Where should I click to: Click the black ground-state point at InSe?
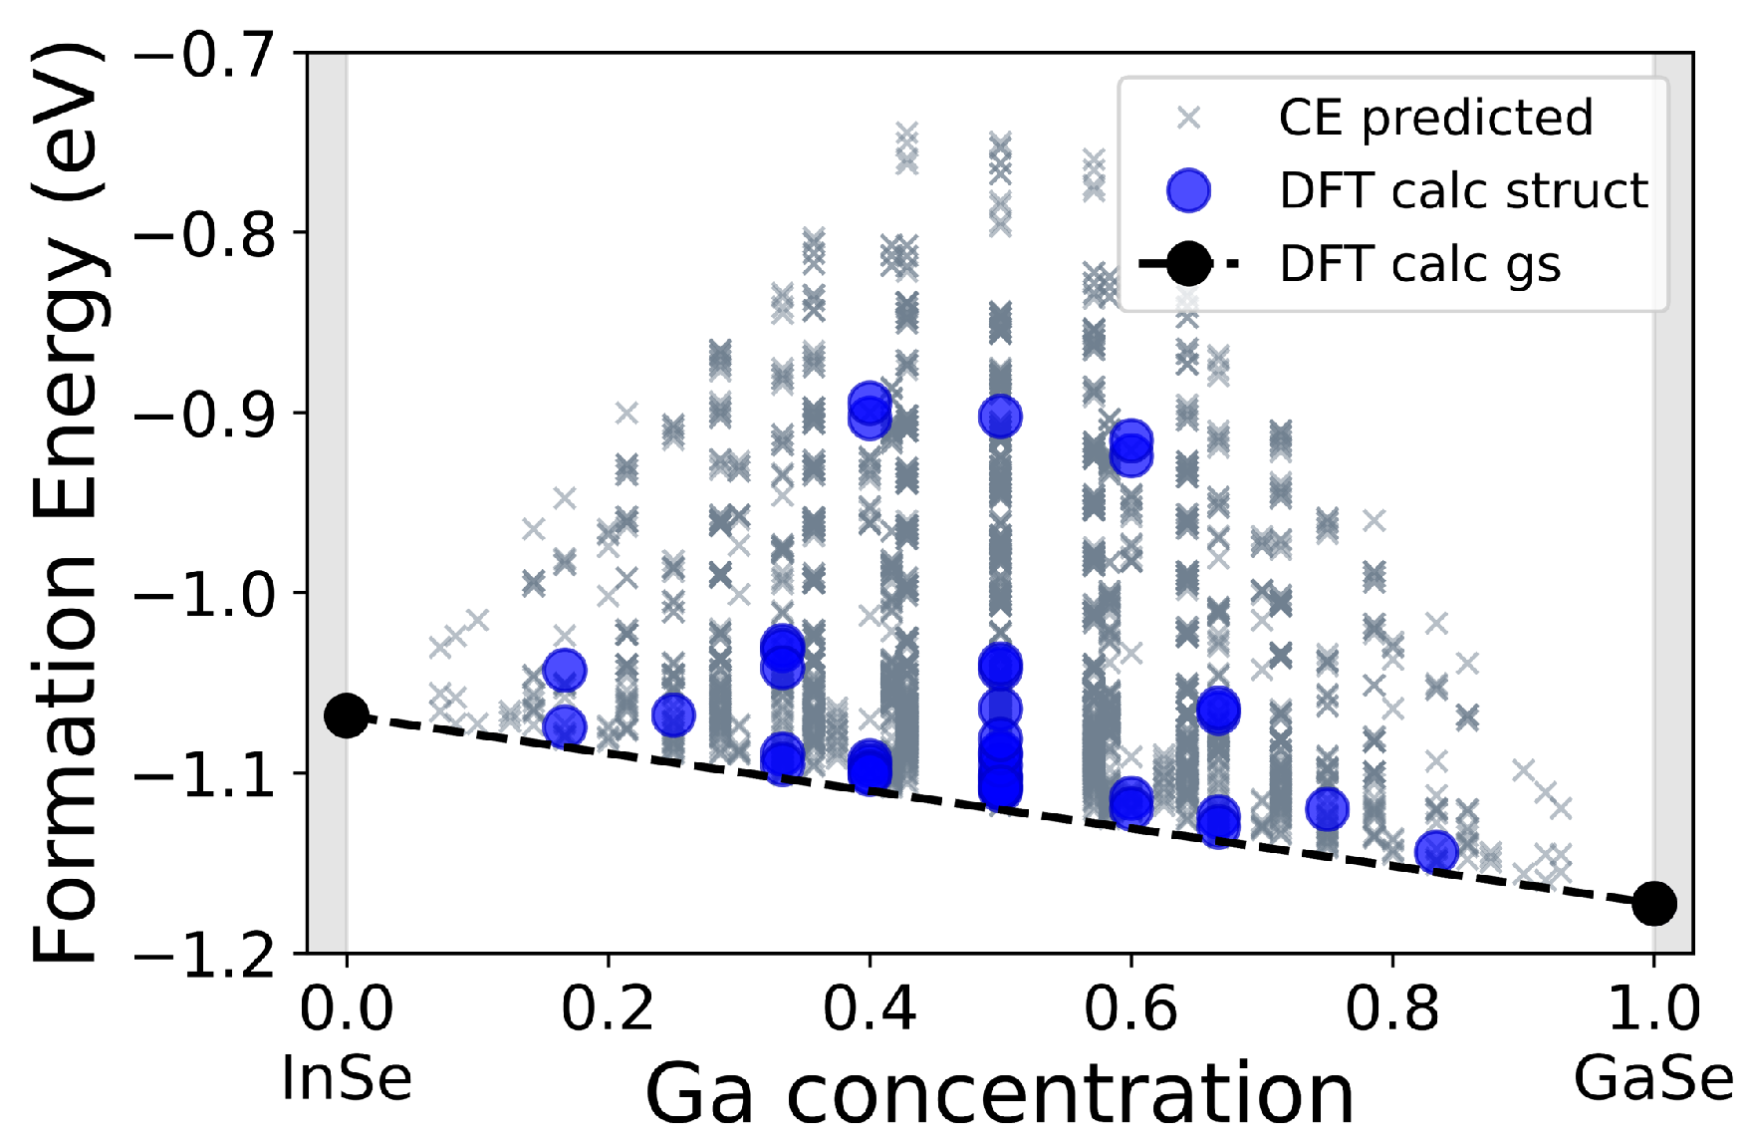point(346,715)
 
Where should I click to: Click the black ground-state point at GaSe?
point(1654,903)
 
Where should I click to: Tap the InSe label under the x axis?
point(347,1078)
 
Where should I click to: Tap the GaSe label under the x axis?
point(1654,1078)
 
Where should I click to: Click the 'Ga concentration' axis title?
point(999,1094)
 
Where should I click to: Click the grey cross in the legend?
point(1188,118)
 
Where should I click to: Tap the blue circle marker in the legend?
point(1188,190)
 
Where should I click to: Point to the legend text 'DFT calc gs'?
point(1419,264)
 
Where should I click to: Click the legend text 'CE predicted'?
point(1435,118)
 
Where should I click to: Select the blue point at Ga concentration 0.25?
point(673,714)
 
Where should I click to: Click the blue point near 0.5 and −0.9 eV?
point(1000,417)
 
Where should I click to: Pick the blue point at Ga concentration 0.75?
point(1327,809)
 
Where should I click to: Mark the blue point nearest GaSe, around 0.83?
point(1436,852)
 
